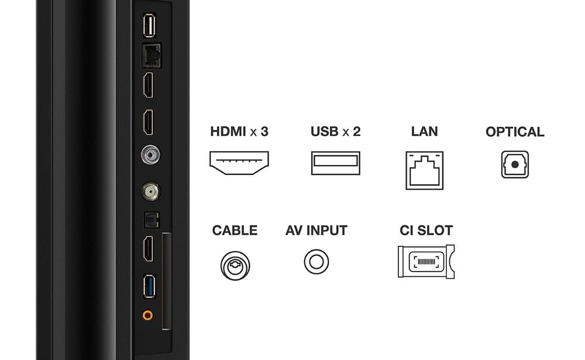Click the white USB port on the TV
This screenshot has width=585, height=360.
click(x=149, y=25)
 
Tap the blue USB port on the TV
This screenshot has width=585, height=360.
click(x=149, y=286)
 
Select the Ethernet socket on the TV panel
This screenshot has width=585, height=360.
click(x=151, y=56)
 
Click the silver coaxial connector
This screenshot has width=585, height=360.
click(x=151, y=155)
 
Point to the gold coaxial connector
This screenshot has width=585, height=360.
click(x=151, y=191)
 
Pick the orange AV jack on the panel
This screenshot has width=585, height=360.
click(x=148, y=315)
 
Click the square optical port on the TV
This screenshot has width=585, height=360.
click(x=152, y=220)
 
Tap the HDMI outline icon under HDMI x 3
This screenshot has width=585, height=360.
click(x=239, y=163)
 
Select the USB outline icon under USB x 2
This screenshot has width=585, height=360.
click(x=336, y=163)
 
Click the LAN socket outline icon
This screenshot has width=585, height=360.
click(x=425, y=170)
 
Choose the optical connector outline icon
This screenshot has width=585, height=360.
click(x=515, y=164)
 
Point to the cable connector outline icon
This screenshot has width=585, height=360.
click(x=235, y=266)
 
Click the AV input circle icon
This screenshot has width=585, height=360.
click(x=316, y=262)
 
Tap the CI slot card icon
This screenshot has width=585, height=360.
click(x=426, y=262)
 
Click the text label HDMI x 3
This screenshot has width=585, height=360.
click(x=239, y=132)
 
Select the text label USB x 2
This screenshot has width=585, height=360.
click(x=335, y=132)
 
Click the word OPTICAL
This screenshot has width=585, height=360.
click(x=515, y=132)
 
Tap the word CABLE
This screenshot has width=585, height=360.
click(x=235, y=231)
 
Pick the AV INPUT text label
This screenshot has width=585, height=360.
click(x=316, y=231)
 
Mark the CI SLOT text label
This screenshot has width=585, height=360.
click(x=426, y=231)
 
